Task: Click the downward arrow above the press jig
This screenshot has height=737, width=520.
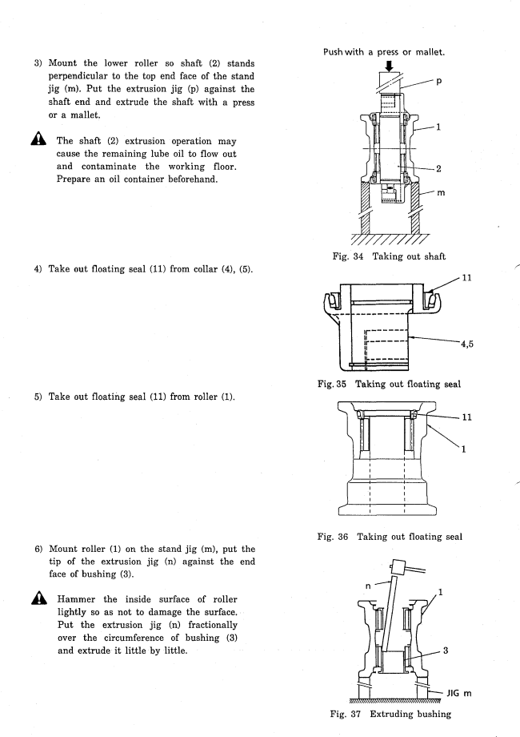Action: (388, 66)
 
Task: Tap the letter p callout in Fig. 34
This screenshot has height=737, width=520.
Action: (439, 82)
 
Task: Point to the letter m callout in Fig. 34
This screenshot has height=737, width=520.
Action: (441, 193)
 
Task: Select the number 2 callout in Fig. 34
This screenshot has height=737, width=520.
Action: (438, 168)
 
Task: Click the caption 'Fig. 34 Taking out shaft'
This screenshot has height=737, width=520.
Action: (389, 256)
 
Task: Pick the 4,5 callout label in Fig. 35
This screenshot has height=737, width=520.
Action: (467, 344)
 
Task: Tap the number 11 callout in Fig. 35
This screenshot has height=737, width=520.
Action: (466, 278)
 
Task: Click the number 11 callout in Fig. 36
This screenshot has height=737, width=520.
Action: (466, 417)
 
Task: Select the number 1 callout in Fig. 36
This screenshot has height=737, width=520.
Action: (464, 449)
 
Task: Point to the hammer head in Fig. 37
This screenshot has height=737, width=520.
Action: (398, 566)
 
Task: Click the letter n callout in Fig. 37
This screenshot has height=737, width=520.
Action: (368, 586)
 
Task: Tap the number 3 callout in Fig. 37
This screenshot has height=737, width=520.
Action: (446, 650)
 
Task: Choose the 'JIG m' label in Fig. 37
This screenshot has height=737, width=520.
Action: (459, 693)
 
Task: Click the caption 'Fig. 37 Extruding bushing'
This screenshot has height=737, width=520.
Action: (390, 714)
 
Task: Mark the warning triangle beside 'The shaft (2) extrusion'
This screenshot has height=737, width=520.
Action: (38, 139)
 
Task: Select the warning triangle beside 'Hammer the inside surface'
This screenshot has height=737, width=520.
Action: (39, 598)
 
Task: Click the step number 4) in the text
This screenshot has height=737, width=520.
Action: (38, 269)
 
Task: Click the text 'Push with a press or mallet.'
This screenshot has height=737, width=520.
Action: (384, 52)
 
